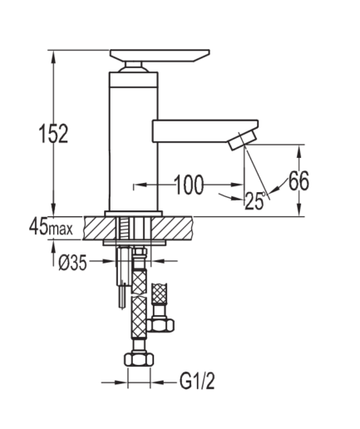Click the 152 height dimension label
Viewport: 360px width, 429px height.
point(54,134)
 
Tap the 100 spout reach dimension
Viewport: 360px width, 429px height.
point(190,185)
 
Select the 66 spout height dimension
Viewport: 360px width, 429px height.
point(298,180)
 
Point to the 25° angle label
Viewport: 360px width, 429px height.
point(255,200)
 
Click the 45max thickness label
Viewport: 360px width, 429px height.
point(51,228)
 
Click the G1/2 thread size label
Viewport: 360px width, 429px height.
point(197,382)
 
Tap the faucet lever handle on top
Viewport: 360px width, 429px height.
point(160,56)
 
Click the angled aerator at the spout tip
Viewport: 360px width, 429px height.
point(243,141)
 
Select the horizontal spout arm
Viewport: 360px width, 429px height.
point(205,131)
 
